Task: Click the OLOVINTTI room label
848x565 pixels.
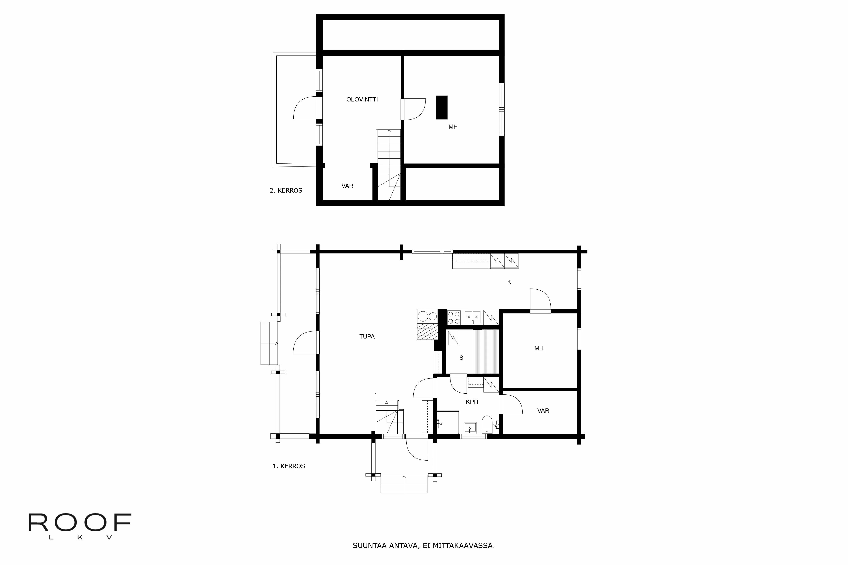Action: [x=362, y=99]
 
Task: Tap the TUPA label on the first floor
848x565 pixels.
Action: [x=367, y=337]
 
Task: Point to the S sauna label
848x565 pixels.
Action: [x=461, y=358]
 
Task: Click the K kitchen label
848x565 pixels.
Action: [x=509, y=282]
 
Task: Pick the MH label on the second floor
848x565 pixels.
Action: [x=453, y=127]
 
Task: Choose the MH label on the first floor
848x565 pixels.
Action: [x=539, y=348]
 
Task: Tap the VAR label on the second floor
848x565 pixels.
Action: [x=347, y=186]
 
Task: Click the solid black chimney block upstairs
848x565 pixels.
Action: [x=442, y=107]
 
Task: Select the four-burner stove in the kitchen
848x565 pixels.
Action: [x=454, y=317]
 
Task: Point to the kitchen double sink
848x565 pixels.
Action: [x=472, y=317]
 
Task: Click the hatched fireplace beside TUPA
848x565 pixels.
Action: [x=427, y=332]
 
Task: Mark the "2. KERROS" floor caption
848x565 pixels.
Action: [x=286, y=191]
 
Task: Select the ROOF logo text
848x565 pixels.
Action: [x=80, y=523]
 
